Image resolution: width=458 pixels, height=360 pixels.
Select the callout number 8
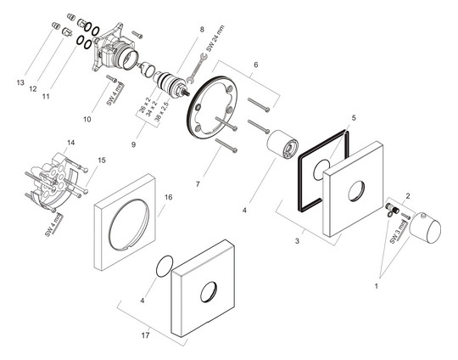pyautogui.click(x=203, y=30)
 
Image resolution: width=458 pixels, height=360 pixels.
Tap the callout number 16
pyautogui.click(x=168, y=197)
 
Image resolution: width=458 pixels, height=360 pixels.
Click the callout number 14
pyautogui.click(x=71, y=142)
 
